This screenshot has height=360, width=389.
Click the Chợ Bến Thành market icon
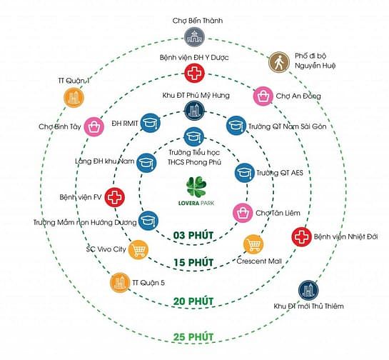pyautogui.click(x=194, y=37)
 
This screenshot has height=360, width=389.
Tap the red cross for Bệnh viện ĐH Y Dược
pyautogui.click(x=194, y=73)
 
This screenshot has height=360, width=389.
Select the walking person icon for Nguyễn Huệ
pyautogui.click(x=279, y=62)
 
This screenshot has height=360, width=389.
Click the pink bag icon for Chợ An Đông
pyautogui.click(x=263, y=96)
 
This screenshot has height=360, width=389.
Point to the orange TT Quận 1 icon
pyautogui.click(x=74, y=97)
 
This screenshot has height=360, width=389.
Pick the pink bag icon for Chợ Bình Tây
pyautogui.click(x=94, y=127)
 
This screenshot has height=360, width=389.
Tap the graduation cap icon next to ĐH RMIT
pyautogui.click(x=151, y=123)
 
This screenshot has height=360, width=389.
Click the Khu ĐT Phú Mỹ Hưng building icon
pyautogui.click(x=194, y=111)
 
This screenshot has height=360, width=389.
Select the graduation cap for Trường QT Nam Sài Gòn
pyautogui.click(x=236, y=126)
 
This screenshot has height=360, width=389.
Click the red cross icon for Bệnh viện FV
pyautogui.click(x=114, y=197)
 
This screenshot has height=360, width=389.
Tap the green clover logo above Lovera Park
pyautogui.click(x=196, y=186)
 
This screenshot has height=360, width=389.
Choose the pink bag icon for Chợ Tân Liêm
pyautogui.click(x=243, y=213)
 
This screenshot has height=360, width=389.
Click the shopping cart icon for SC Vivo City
pyautogui.click(x=138, y=250)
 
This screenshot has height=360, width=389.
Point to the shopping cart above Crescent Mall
pyautogui.click(x=253, y=244)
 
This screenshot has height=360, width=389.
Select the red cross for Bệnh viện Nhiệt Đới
pyautogui.click(x=301, y=237)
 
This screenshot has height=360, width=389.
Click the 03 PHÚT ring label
pyautogui.click(x=193, y=236)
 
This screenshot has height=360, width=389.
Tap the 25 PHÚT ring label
pyautogui.click(x=193, y=337)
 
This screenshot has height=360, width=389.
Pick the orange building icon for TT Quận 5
pyautogui.click(x=120, y=282)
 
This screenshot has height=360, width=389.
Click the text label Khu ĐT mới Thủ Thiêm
pyautogui.click(x=308, y=306)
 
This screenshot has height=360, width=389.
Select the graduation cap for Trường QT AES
pyautogui.click(x=245, y=173)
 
